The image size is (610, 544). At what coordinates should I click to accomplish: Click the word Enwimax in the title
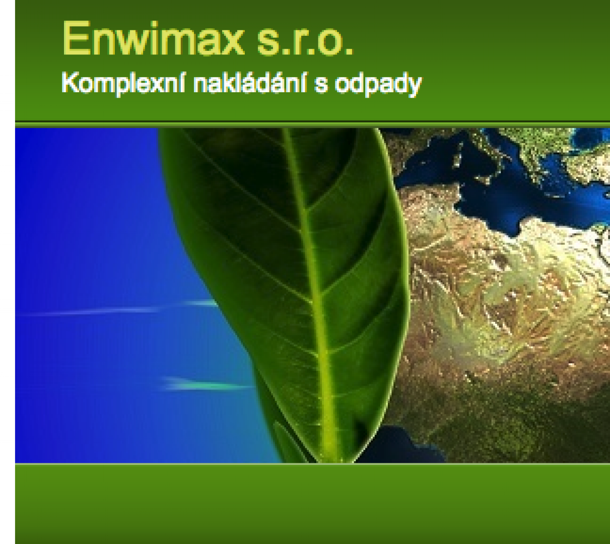click(x=153, y=39)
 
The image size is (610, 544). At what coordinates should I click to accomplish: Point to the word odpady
click(x=378, y=84)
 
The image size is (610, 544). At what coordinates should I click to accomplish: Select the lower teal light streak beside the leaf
click(x=208, y=385)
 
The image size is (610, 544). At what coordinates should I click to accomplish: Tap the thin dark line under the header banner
click(x=312, y=122)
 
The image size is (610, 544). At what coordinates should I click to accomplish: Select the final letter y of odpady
click(x=415, y=88)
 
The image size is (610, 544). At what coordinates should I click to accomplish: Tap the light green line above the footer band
click(x=312, y=464)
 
